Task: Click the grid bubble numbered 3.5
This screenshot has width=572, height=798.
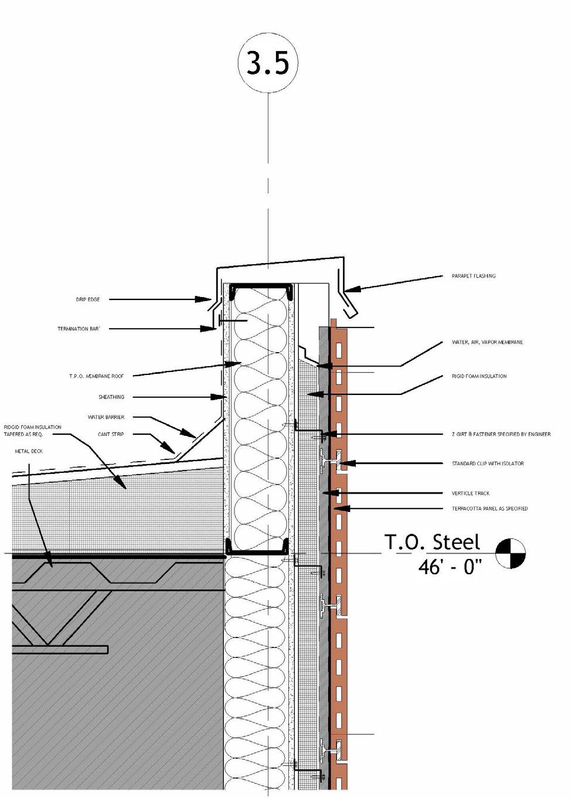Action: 268,62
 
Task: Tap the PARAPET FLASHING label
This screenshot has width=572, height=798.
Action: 473,276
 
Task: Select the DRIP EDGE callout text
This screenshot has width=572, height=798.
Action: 88,299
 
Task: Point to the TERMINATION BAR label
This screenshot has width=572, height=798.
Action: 79,329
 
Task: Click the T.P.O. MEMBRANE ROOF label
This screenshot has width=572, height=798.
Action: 96,376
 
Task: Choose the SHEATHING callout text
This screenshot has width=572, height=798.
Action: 111,397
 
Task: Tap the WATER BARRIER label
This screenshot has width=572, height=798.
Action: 106,417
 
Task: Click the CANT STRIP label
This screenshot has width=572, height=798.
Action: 111,434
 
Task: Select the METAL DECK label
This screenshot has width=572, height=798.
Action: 29,451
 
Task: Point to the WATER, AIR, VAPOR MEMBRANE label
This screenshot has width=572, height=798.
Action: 487,342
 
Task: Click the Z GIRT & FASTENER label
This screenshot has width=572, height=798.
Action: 501,434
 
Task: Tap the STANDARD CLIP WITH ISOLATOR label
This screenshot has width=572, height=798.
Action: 488,463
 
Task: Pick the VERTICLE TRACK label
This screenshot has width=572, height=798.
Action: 470,493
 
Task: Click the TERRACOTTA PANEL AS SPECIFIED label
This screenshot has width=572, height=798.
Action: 489,509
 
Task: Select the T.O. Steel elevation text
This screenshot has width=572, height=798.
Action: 432,543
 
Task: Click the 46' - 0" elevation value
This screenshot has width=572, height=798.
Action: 450,567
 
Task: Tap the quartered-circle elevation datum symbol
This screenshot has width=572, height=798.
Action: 510,554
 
